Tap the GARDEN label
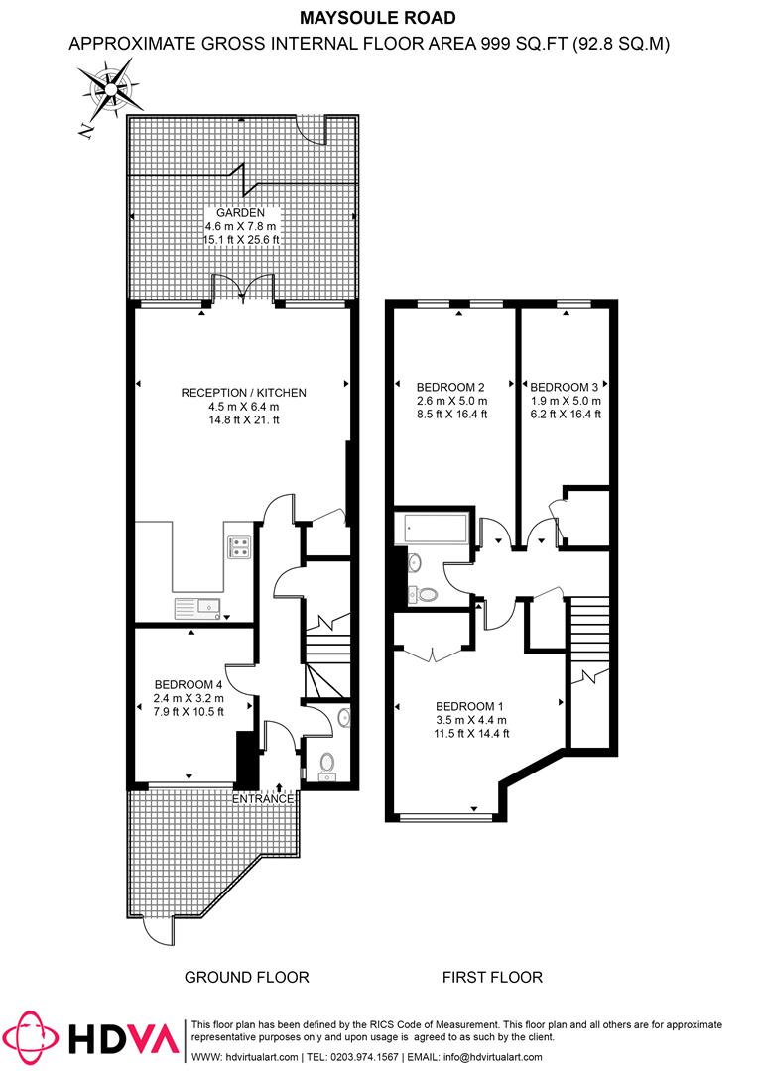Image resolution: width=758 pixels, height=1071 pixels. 242,212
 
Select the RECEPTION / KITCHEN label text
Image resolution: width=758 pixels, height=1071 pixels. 243,393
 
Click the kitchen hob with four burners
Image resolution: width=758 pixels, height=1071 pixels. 238,546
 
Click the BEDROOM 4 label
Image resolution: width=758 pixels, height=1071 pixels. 188,684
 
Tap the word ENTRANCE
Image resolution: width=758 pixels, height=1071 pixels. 263,798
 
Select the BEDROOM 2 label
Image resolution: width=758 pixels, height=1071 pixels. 450,387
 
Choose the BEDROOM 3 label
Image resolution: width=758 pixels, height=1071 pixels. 565,387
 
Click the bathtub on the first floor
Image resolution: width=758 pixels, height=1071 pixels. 435,530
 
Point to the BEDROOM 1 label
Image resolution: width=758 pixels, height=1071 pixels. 471,706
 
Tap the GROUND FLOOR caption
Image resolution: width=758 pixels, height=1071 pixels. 247,977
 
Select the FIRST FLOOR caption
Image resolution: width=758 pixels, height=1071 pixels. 492,977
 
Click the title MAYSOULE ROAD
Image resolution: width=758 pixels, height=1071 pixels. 378,17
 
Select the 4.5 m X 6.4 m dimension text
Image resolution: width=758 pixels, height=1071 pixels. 243,407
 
